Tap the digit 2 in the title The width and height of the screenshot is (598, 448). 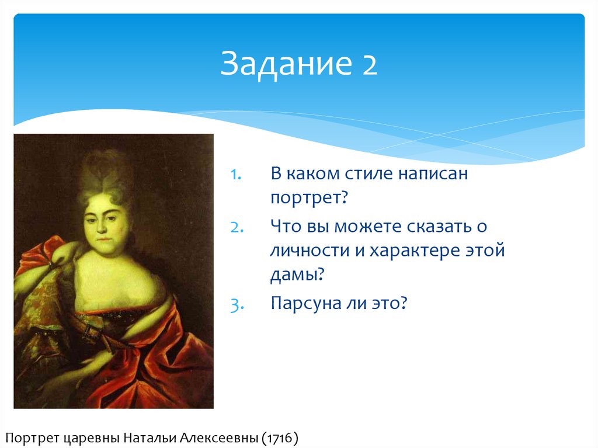(370, 64)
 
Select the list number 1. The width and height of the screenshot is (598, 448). (236, 175)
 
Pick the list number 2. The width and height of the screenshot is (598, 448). (237, 227)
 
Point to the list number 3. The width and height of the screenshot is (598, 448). (237, 305)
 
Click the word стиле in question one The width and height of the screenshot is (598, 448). (370, 173)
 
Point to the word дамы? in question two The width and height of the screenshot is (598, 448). (297, 275)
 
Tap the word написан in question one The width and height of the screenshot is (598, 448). (433, 173)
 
